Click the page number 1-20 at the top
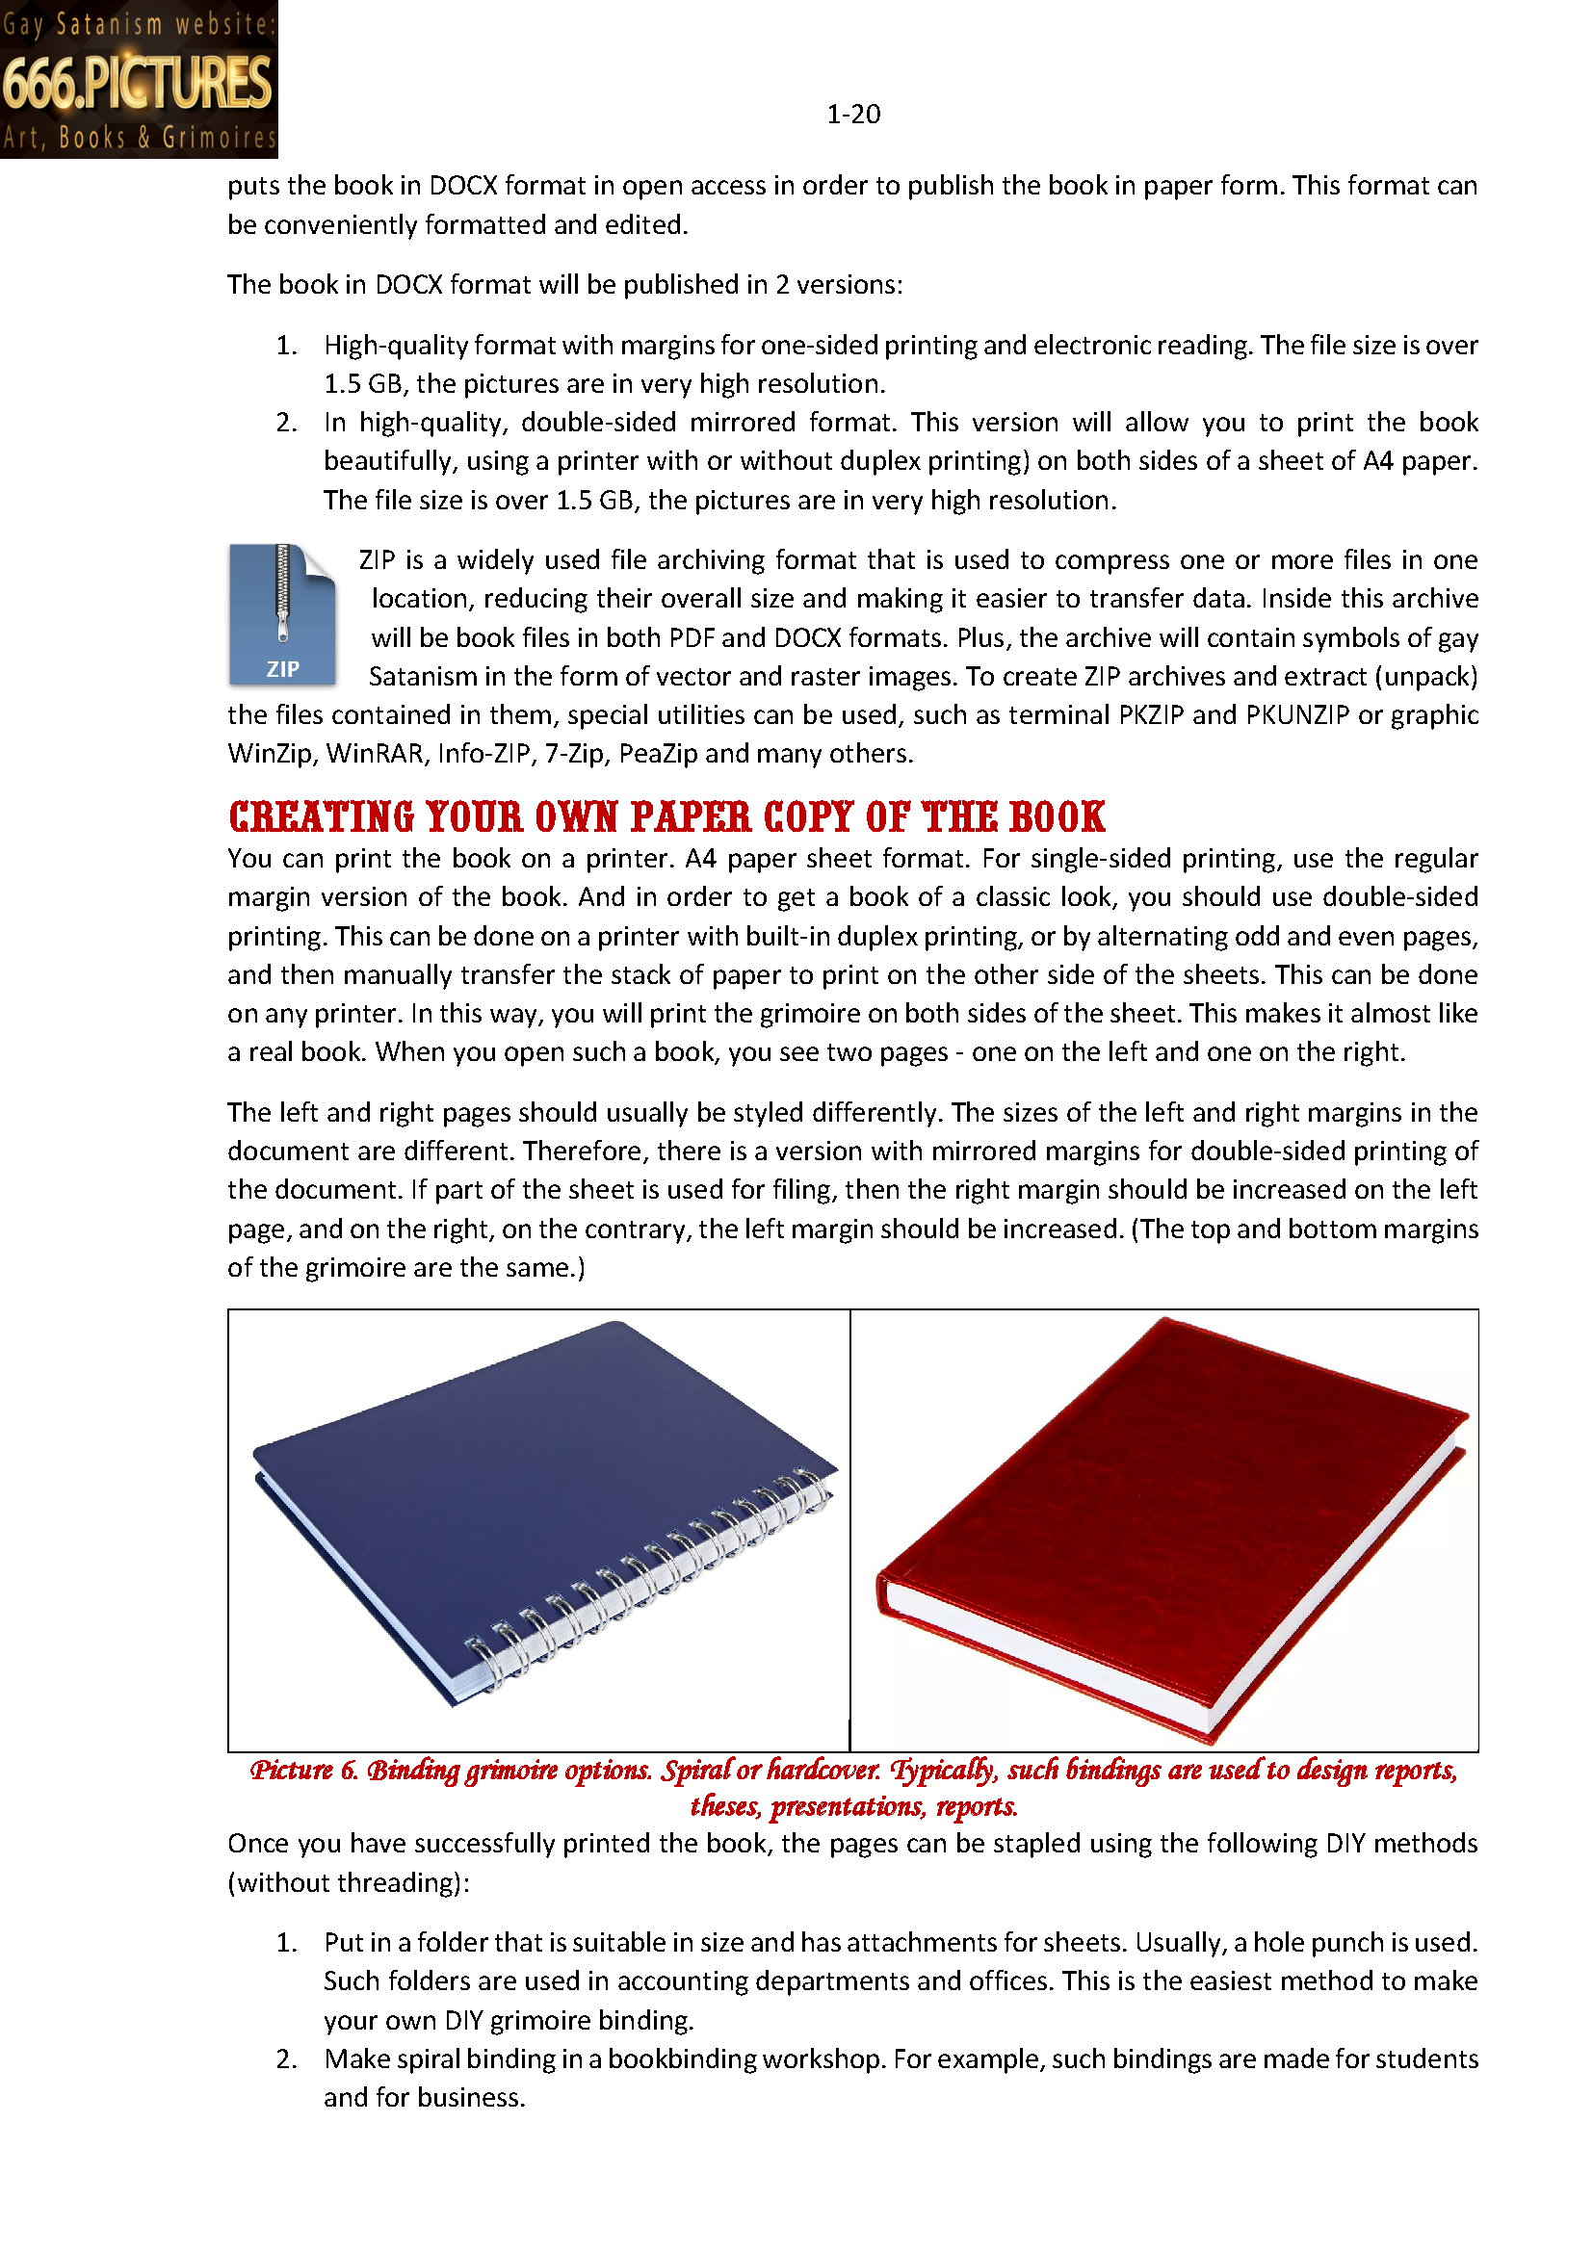(852, 115)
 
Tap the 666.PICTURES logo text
(138, 83)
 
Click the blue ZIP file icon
(282, 615)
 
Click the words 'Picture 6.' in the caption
(304, 1771)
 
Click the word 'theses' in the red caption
(726, 1806)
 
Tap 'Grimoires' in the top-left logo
(220, 139)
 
